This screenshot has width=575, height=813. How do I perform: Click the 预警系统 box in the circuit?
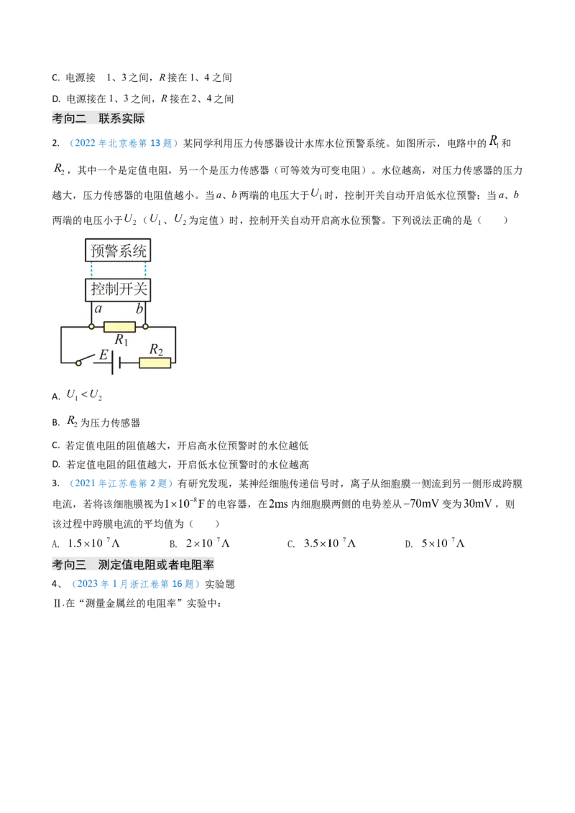(x=119, y=251)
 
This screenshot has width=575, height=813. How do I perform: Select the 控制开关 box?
(x=119, y=290)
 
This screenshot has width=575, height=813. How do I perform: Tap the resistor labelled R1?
(x=119, y=327)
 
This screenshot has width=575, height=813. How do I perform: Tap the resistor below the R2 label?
(x=155, y=363)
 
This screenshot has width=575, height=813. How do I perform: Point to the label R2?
(x=155, y=350)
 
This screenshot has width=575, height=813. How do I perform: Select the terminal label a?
(x=97, y=308)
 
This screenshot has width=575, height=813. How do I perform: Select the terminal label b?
(x=141, y=308)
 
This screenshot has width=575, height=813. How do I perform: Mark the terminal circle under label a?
(x=92, y=327)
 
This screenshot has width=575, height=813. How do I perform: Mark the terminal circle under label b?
(x=146, y=327)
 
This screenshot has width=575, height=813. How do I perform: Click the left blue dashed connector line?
(x=92, y=271)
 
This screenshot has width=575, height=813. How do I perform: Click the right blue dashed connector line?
(x=146, y=271)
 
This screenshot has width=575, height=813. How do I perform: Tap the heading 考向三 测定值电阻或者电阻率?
(x=134, y=565)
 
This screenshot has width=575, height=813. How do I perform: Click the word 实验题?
(x=220, y=585)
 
